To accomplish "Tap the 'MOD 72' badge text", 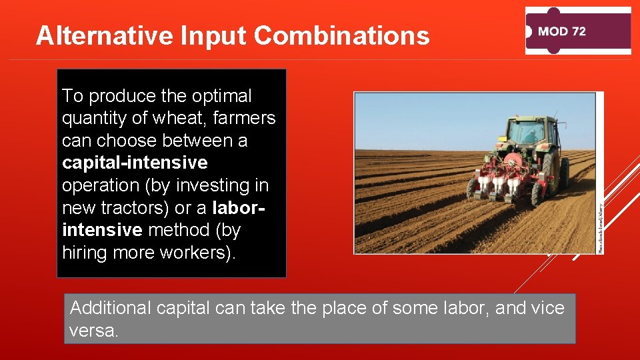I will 561,31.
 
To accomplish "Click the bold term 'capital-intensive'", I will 135,163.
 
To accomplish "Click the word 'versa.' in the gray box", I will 93,331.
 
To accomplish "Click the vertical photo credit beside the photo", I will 599,227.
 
